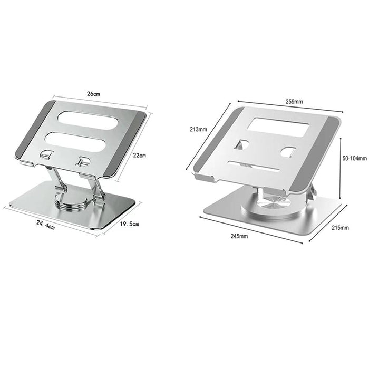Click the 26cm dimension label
pyautogui.click(x=93, y=93)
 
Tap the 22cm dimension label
pyautogui.click(x=139, y=155)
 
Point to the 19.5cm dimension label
pyautogui.click(x=129, y=224)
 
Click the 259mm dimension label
pyautogui.click(x=294, y=102)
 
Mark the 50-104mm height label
pyautogui.click(x=354, y=158)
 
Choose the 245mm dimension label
pyautogui.click(x=239, y=236)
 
